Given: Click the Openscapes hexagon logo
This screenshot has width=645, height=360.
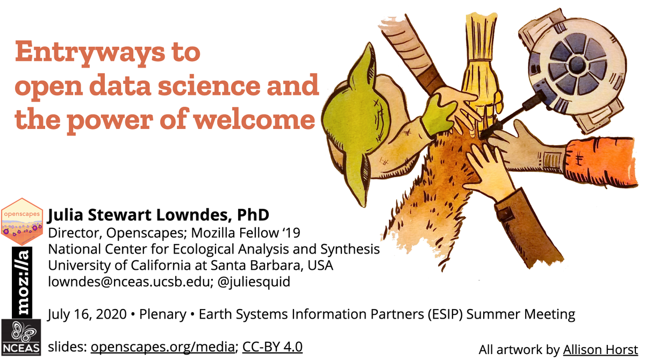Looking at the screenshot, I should click(x=22, y=220).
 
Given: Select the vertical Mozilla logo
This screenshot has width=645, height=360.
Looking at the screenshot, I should click(x=22, y=282).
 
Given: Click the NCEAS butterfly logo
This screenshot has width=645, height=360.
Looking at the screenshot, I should click(x=21, y=337).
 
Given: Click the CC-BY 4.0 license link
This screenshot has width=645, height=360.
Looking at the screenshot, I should click(x=273, y=347).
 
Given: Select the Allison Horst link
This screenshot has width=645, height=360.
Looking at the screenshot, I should click(x=600, y=350).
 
